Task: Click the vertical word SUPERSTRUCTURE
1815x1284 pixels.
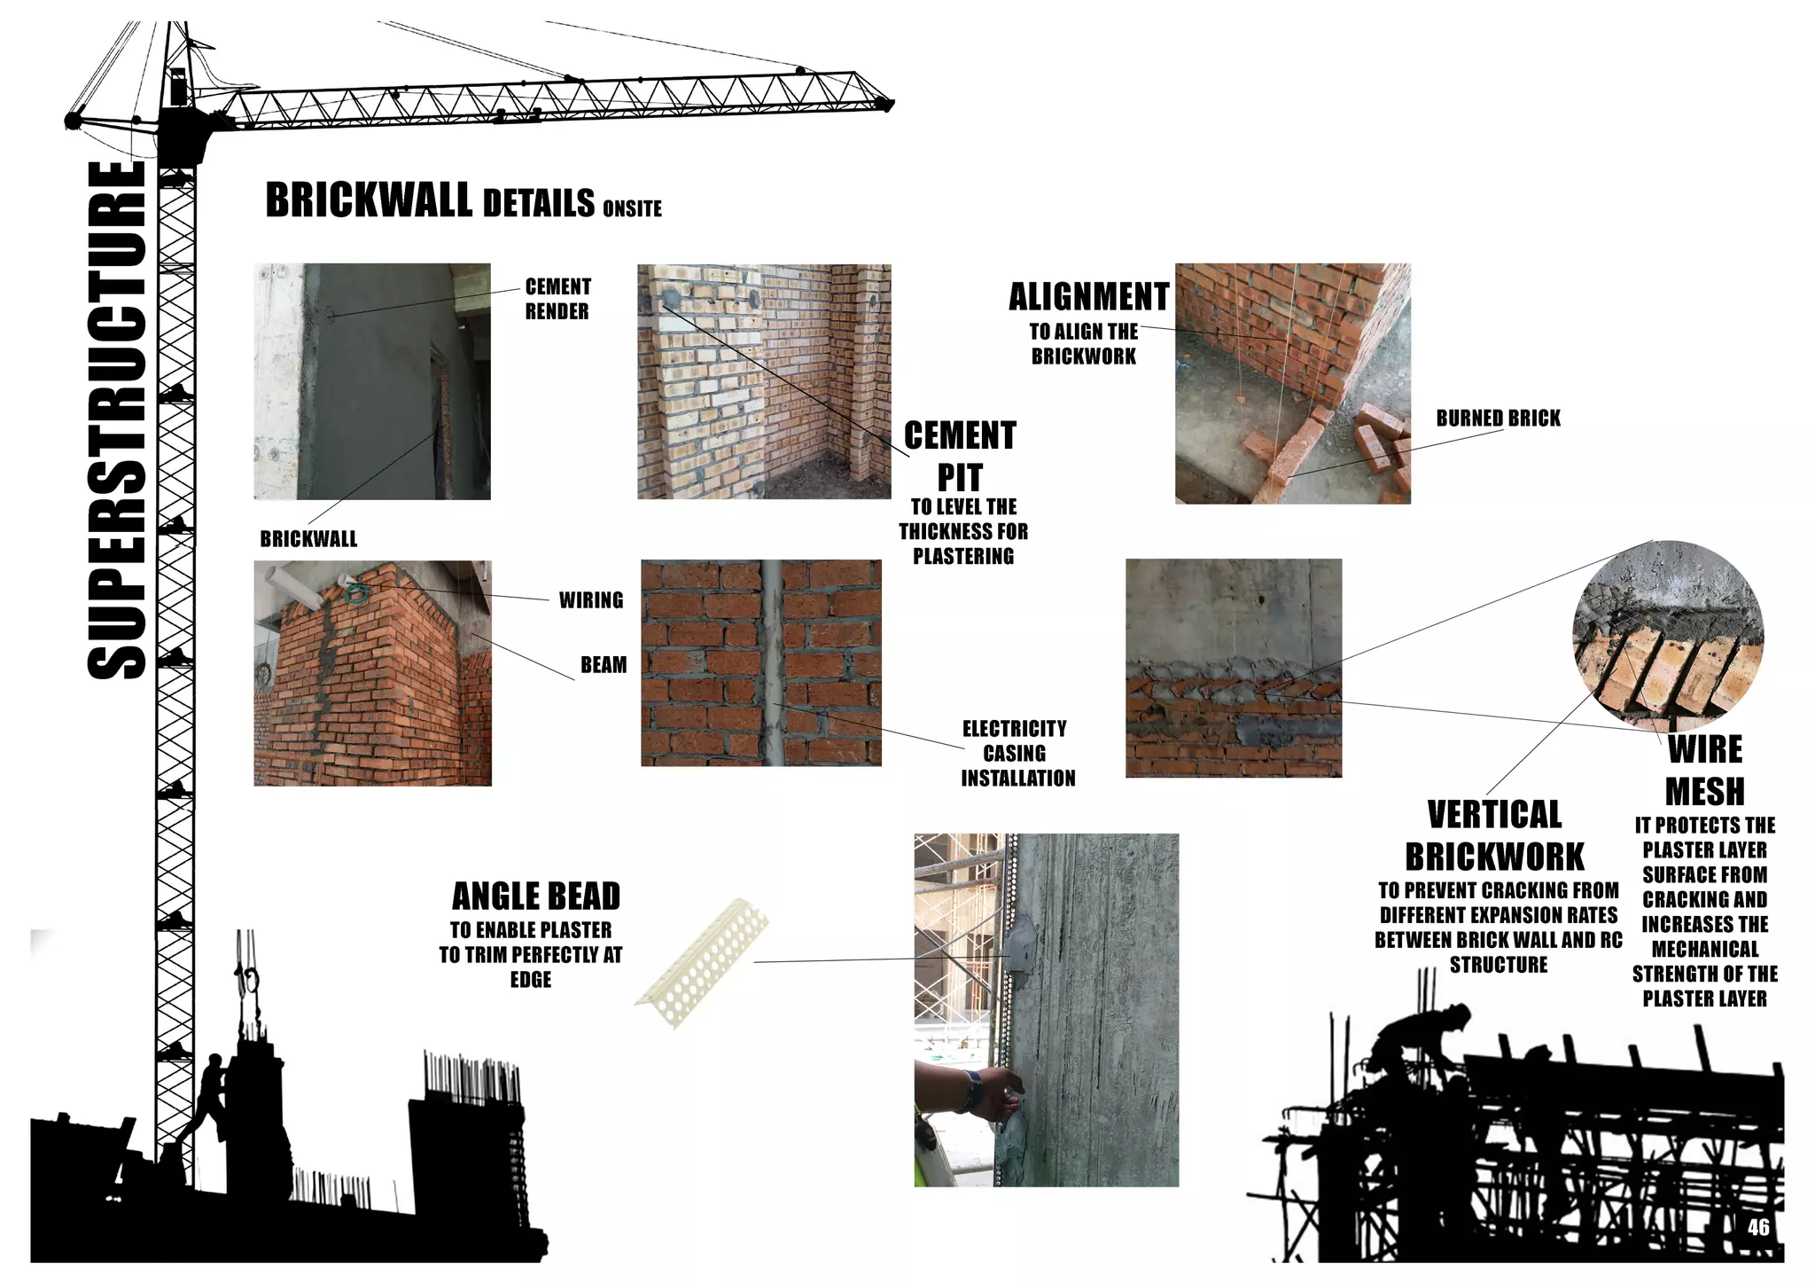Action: pyautogui.click(x=117, y=421)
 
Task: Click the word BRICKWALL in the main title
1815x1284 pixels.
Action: pyautogui.click(x=368, y=200)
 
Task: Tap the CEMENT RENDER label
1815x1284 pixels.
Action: pyautogui.click(x=557, y=299)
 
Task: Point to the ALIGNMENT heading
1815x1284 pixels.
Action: pyautogui.click(x=1088, y=296)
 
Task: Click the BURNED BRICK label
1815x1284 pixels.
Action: pyautogui.click(x=1498, y=419)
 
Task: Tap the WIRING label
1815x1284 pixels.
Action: pyautogui.click(x=590, y=600)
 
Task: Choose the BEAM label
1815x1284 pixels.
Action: pyautogui.click(x=603, y=665)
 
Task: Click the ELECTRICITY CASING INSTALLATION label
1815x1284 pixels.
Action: pyautogui.click(x=1017, y=753)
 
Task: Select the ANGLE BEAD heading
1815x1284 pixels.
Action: pyautogui.click(x=535, y=896)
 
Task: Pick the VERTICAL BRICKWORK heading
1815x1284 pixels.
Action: pyautogui.click(x=1494, y=835)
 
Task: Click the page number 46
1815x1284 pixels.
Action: pyautogui.click(x=1758, y=1227)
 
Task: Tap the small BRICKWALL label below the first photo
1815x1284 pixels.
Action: pyautogui.click(x=308, y=539)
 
